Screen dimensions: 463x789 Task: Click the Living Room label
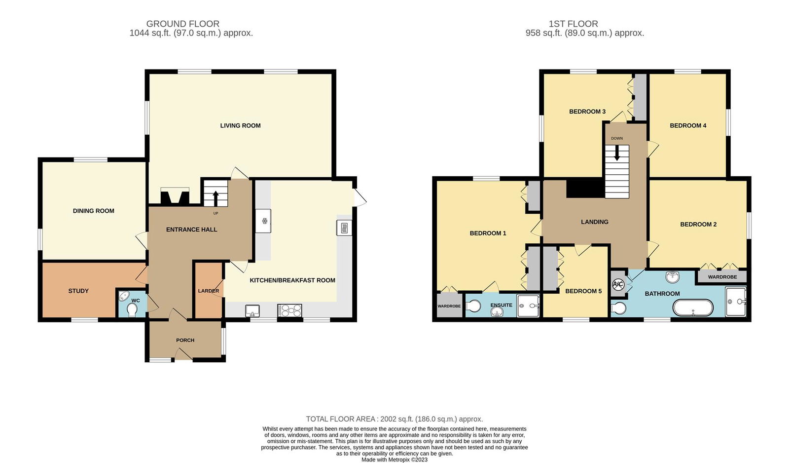240,125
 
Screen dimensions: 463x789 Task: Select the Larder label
208,291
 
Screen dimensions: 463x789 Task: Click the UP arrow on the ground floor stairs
215,197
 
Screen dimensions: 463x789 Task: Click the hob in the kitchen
290,310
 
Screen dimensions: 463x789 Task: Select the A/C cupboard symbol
618,285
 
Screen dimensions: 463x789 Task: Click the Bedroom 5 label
583,291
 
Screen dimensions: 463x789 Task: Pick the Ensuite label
501,305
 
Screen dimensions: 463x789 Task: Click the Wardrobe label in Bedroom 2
722,277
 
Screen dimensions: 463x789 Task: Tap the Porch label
185,340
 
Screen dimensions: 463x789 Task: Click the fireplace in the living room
175,196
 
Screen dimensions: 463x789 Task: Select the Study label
78,291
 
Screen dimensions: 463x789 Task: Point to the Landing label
594,222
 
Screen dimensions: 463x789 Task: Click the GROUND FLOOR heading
182,24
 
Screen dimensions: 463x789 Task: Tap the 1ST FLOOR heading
573,24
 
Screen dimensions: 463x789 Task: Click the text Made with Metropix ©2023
394,460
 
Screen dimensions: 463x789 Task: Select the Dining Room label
93,211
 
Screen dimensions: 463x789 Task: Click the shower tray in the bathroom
736,302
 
